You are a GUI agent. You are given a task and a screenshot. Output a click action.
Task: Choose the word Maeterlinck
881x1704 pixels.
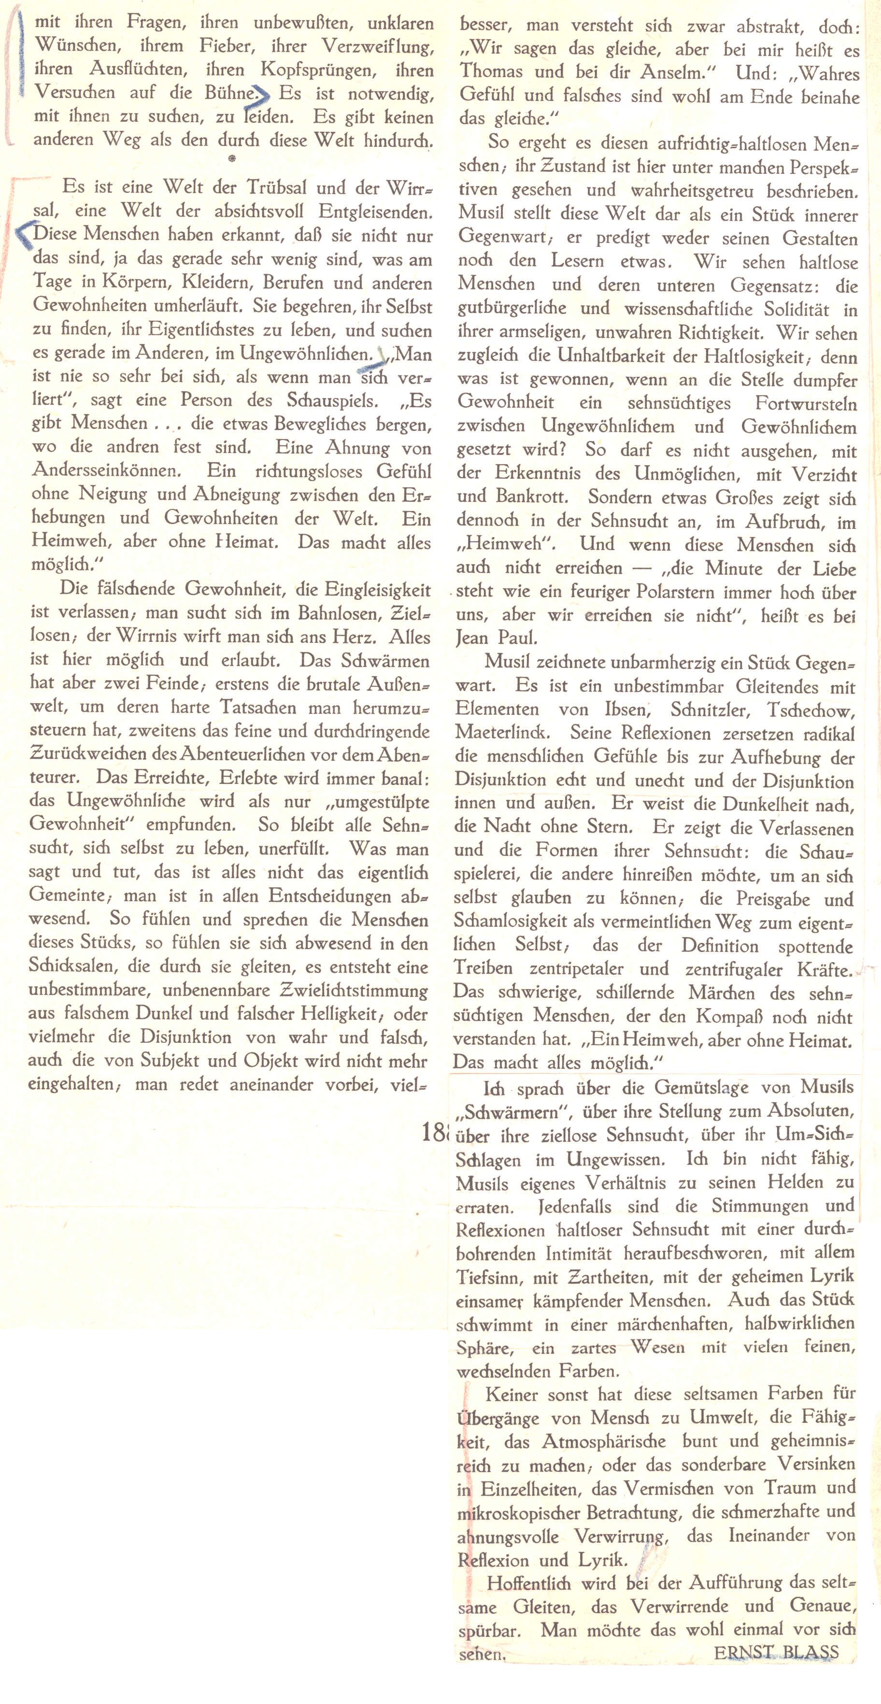tap(505, 734)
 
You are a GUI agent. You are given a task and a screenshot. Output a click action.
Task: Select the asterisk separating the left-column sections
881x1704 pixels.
tap(231, 159)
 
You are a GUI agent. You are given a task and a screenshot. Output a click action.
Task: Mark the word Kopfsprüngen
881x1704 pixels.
tap(315, 70)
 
